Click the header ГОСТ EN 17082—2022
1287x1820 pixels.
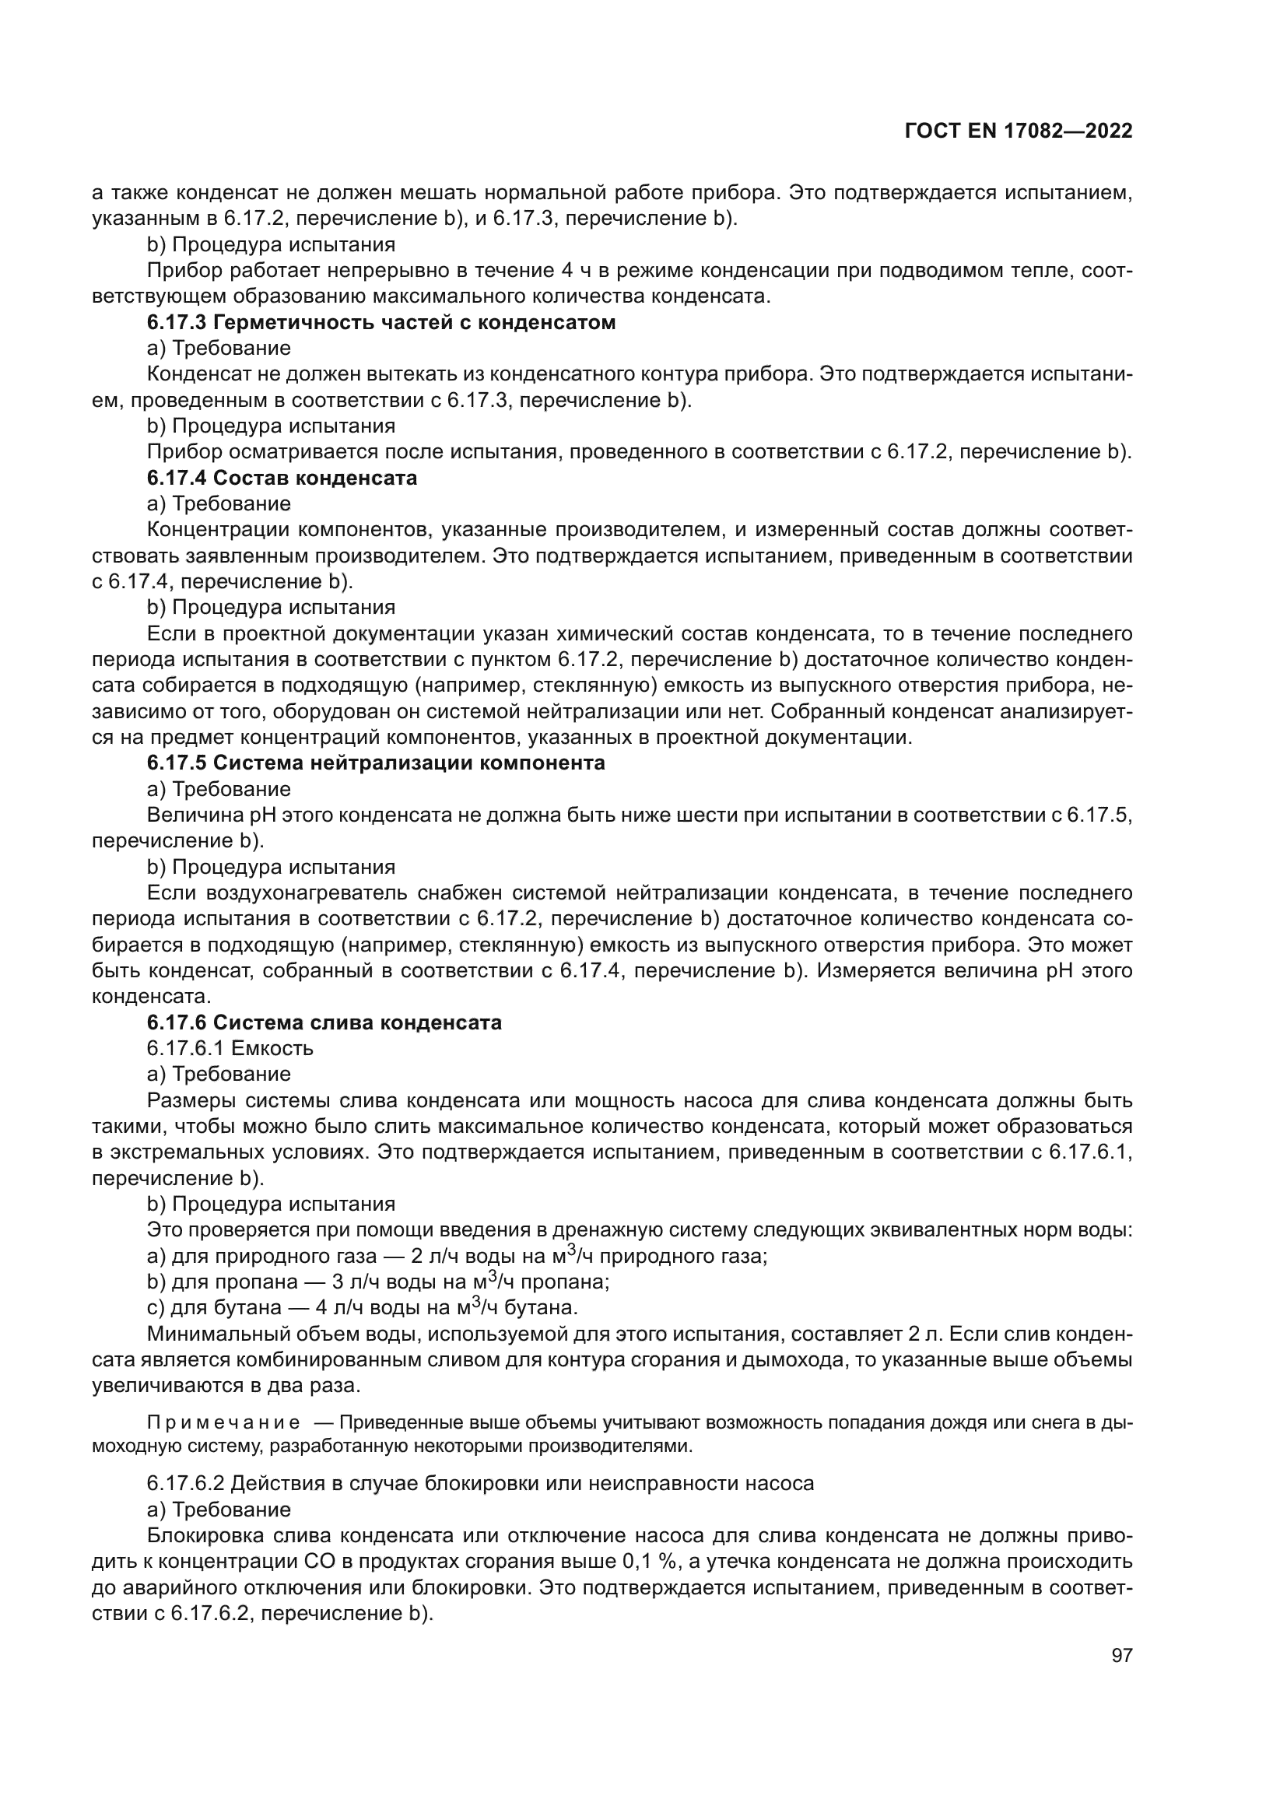pos(1018,132)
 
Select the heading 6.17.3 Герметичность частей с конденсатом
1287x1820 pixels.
pos(381,323)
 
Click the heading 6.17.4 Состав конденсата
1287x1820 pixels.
pos(282,478)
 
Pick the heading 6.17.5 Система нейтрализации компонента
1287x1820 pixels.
pos(377,763)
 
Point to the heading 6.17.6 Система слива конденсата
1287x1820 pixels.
pos(324,1022)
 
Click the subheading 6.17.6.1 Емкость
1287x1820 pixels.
pos(230,1048)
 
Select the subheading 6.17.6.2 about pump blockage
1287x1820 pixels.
pos(480,1483)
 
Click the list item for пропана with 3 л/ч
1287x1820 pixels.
pos(378,1282)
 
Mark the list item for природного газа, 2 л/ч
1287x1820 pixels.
pos(458,1257)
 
